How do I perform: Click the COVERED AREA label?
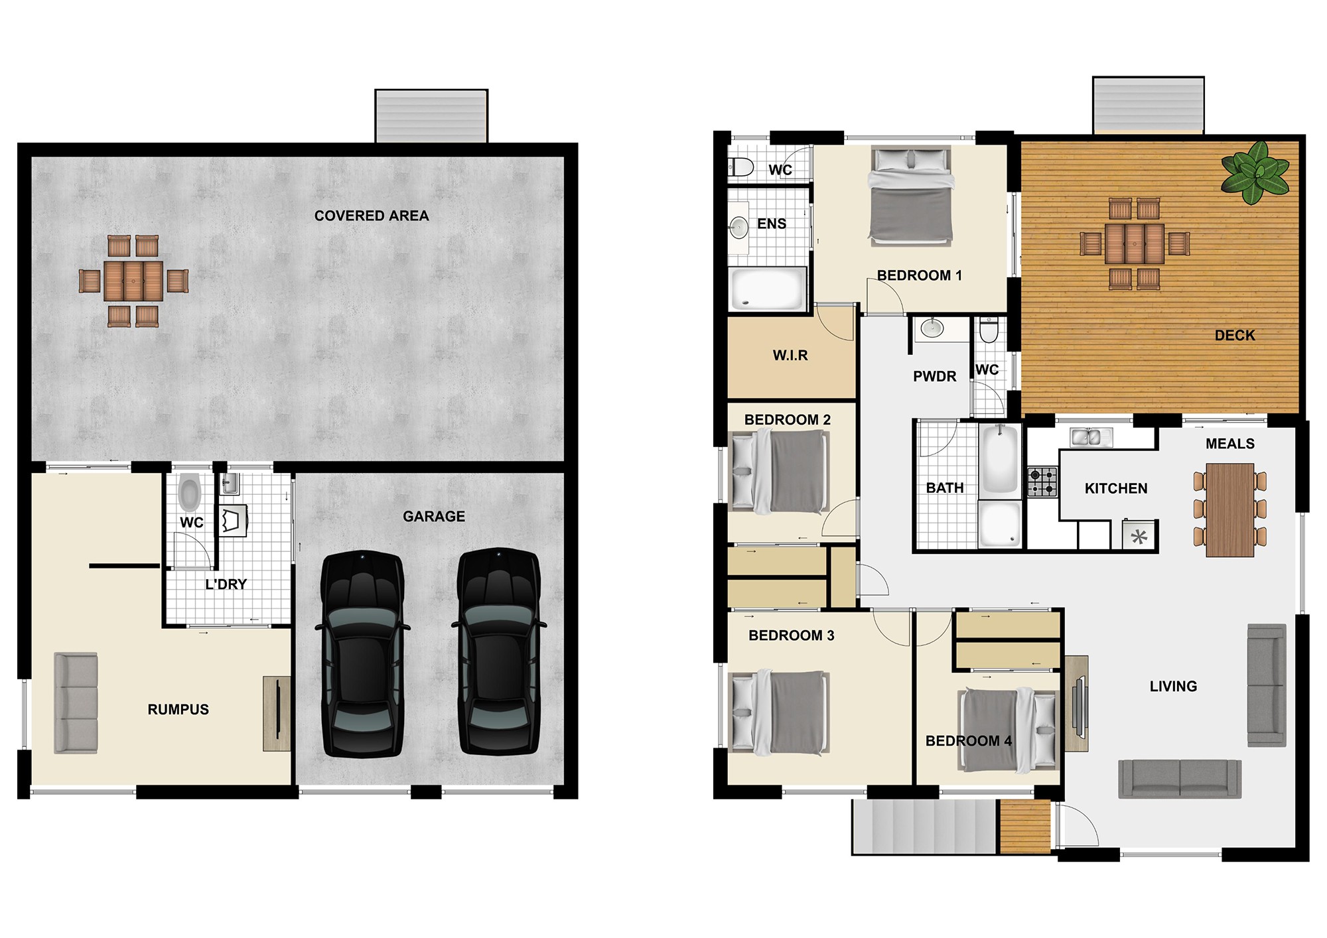(x=372, y=216)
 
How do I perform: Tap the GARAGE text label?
(x=434, y=516)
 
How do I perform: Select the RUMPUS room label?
(x=178, y=709)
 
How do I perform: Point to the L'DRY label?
(x=226, y=584)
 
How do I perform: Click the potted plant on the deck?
(x=1255, y=172)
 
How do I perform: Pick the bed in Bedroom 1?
(x=911, y=196)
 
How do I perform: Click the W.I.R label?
(x=790, y=355)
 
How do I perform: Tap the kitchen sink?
(x=1091, y=437)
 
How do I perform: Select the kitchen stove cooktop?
(x=1042, y=482)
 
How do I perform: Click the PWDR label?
(x=934, y=376)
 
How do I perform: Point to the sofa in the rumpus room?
(x=76, y=703)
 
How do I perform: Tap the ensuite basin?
(x=738, y=228)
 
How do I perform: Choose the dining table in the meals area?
(x=1229, y=509)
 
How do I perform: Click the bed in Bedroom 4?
(x=1007, y=730)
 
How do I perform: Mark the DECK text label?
(x=1235, y=335)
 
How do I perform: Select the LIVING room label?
(x=1173, y=686)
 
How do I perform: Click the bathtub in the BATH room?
(x=999, y=458)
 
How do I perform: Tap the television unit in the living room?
(x=1076, y=704)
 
